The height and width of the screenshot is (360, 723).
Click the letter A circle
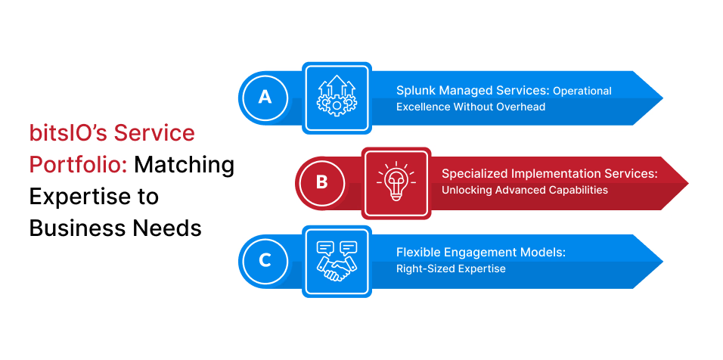tap(265, 98)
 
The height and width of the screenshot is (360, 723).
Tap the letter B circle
tap(322, 183)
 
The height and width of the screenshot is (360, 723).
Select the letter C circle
tap(265, 262)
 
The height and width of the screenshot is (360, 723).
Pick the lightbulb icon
tap(396, 181)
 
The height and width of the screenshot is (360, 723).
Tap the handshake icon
tap(337, 261)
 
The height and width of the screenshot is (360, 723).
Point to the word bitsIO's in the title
tap(69, 134)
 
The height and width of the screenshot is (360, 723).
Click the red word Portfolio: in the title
tap(79, 165)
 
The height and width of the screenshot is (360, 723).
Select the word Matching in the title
tap(185, 166)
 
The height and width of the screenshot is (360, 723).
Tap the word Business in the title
tap(72, 228)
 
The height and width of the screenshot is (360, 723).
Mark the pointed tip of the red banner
tap(688, 184)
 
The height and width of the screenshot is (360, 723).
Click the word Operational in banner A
tap(582, 92)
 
